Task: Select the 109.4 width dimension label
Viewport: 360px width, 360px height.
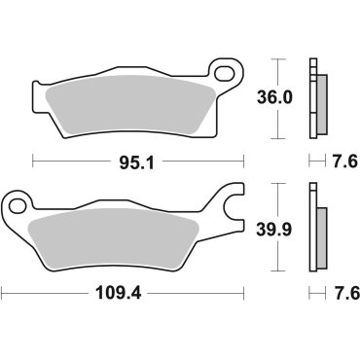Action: [x=123, y=291]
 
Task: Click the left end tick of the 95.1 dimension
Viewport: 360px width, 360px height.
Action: [x=33, y=162]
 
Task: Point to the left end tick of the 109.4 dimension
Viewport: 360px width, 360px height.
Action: [x=2, y=291]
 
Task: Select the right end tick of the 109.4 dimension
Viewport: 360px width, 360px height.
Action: [x=243, y=291]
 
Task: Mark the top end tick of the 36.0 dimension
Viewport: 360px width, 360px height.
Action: [x=280, y=59]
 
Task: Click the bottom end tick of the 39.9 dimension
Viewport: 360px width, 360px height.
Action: [x=280, y=271]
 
